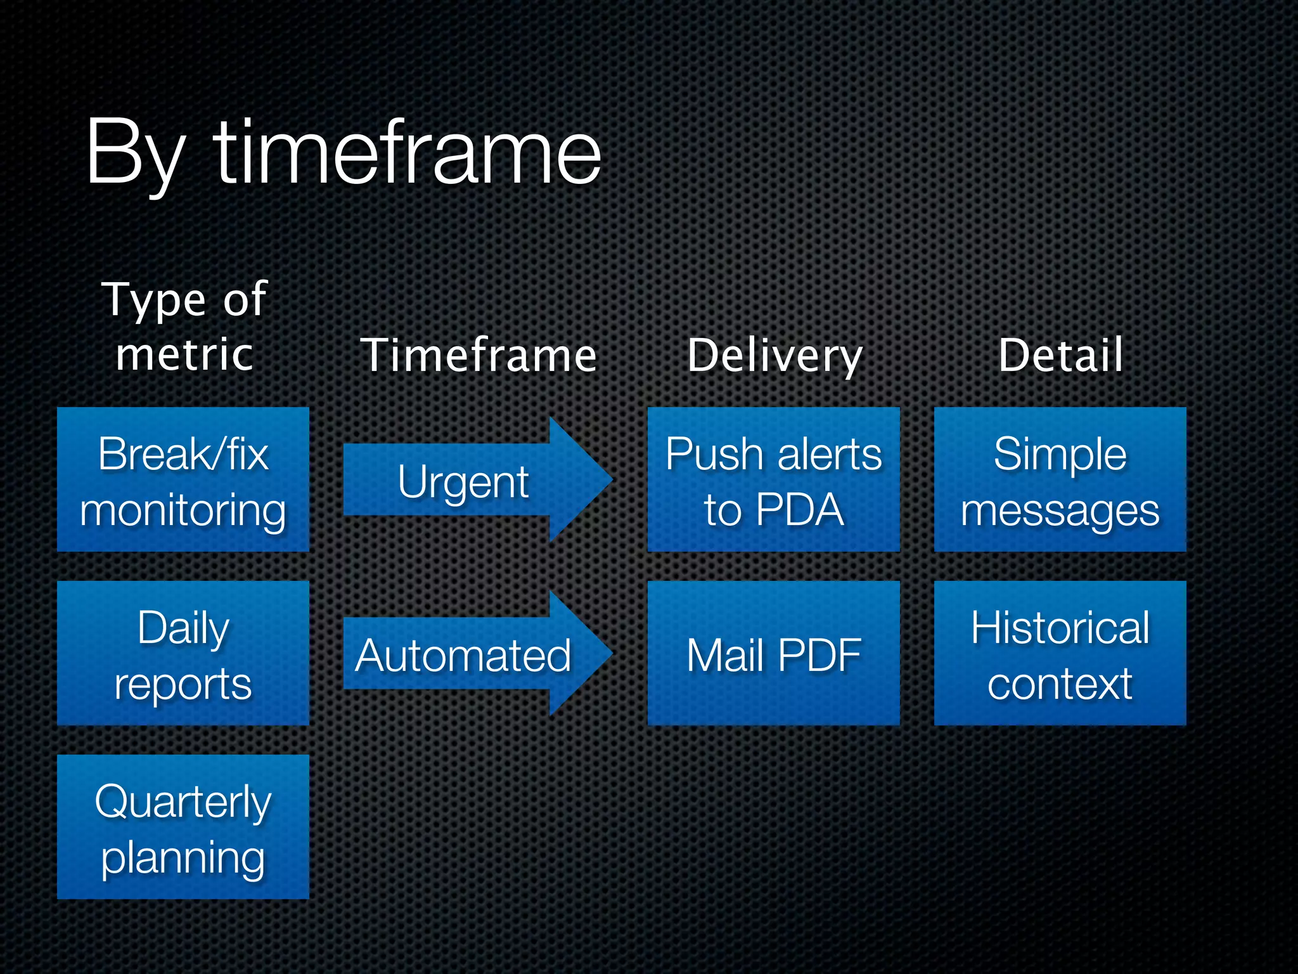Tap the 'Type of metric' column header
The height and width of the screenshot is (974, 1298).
184,326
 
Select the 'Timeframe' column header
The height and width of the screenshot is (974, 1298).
479,355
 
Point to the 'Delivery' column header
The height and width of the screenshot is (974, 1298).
774,355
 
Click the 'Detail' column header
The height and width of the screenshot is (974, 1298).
1060,355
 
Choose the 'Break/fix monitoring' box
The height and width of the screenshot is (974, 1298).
183,479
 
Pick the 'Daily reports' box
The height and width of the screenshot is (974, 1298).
183,653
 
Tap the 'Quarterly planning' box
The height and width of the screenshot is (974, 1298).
183,827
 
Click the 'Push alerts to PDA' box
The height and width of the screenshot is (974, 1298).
773,479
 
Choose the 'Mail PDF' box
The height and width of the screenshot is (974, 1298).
773,653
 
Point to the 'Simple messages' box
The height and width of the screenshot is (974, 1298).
1060,479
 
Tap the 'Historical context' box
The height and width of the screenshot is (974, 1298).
1060,653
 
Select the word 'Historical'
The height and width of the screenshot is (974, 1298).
1060,628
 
